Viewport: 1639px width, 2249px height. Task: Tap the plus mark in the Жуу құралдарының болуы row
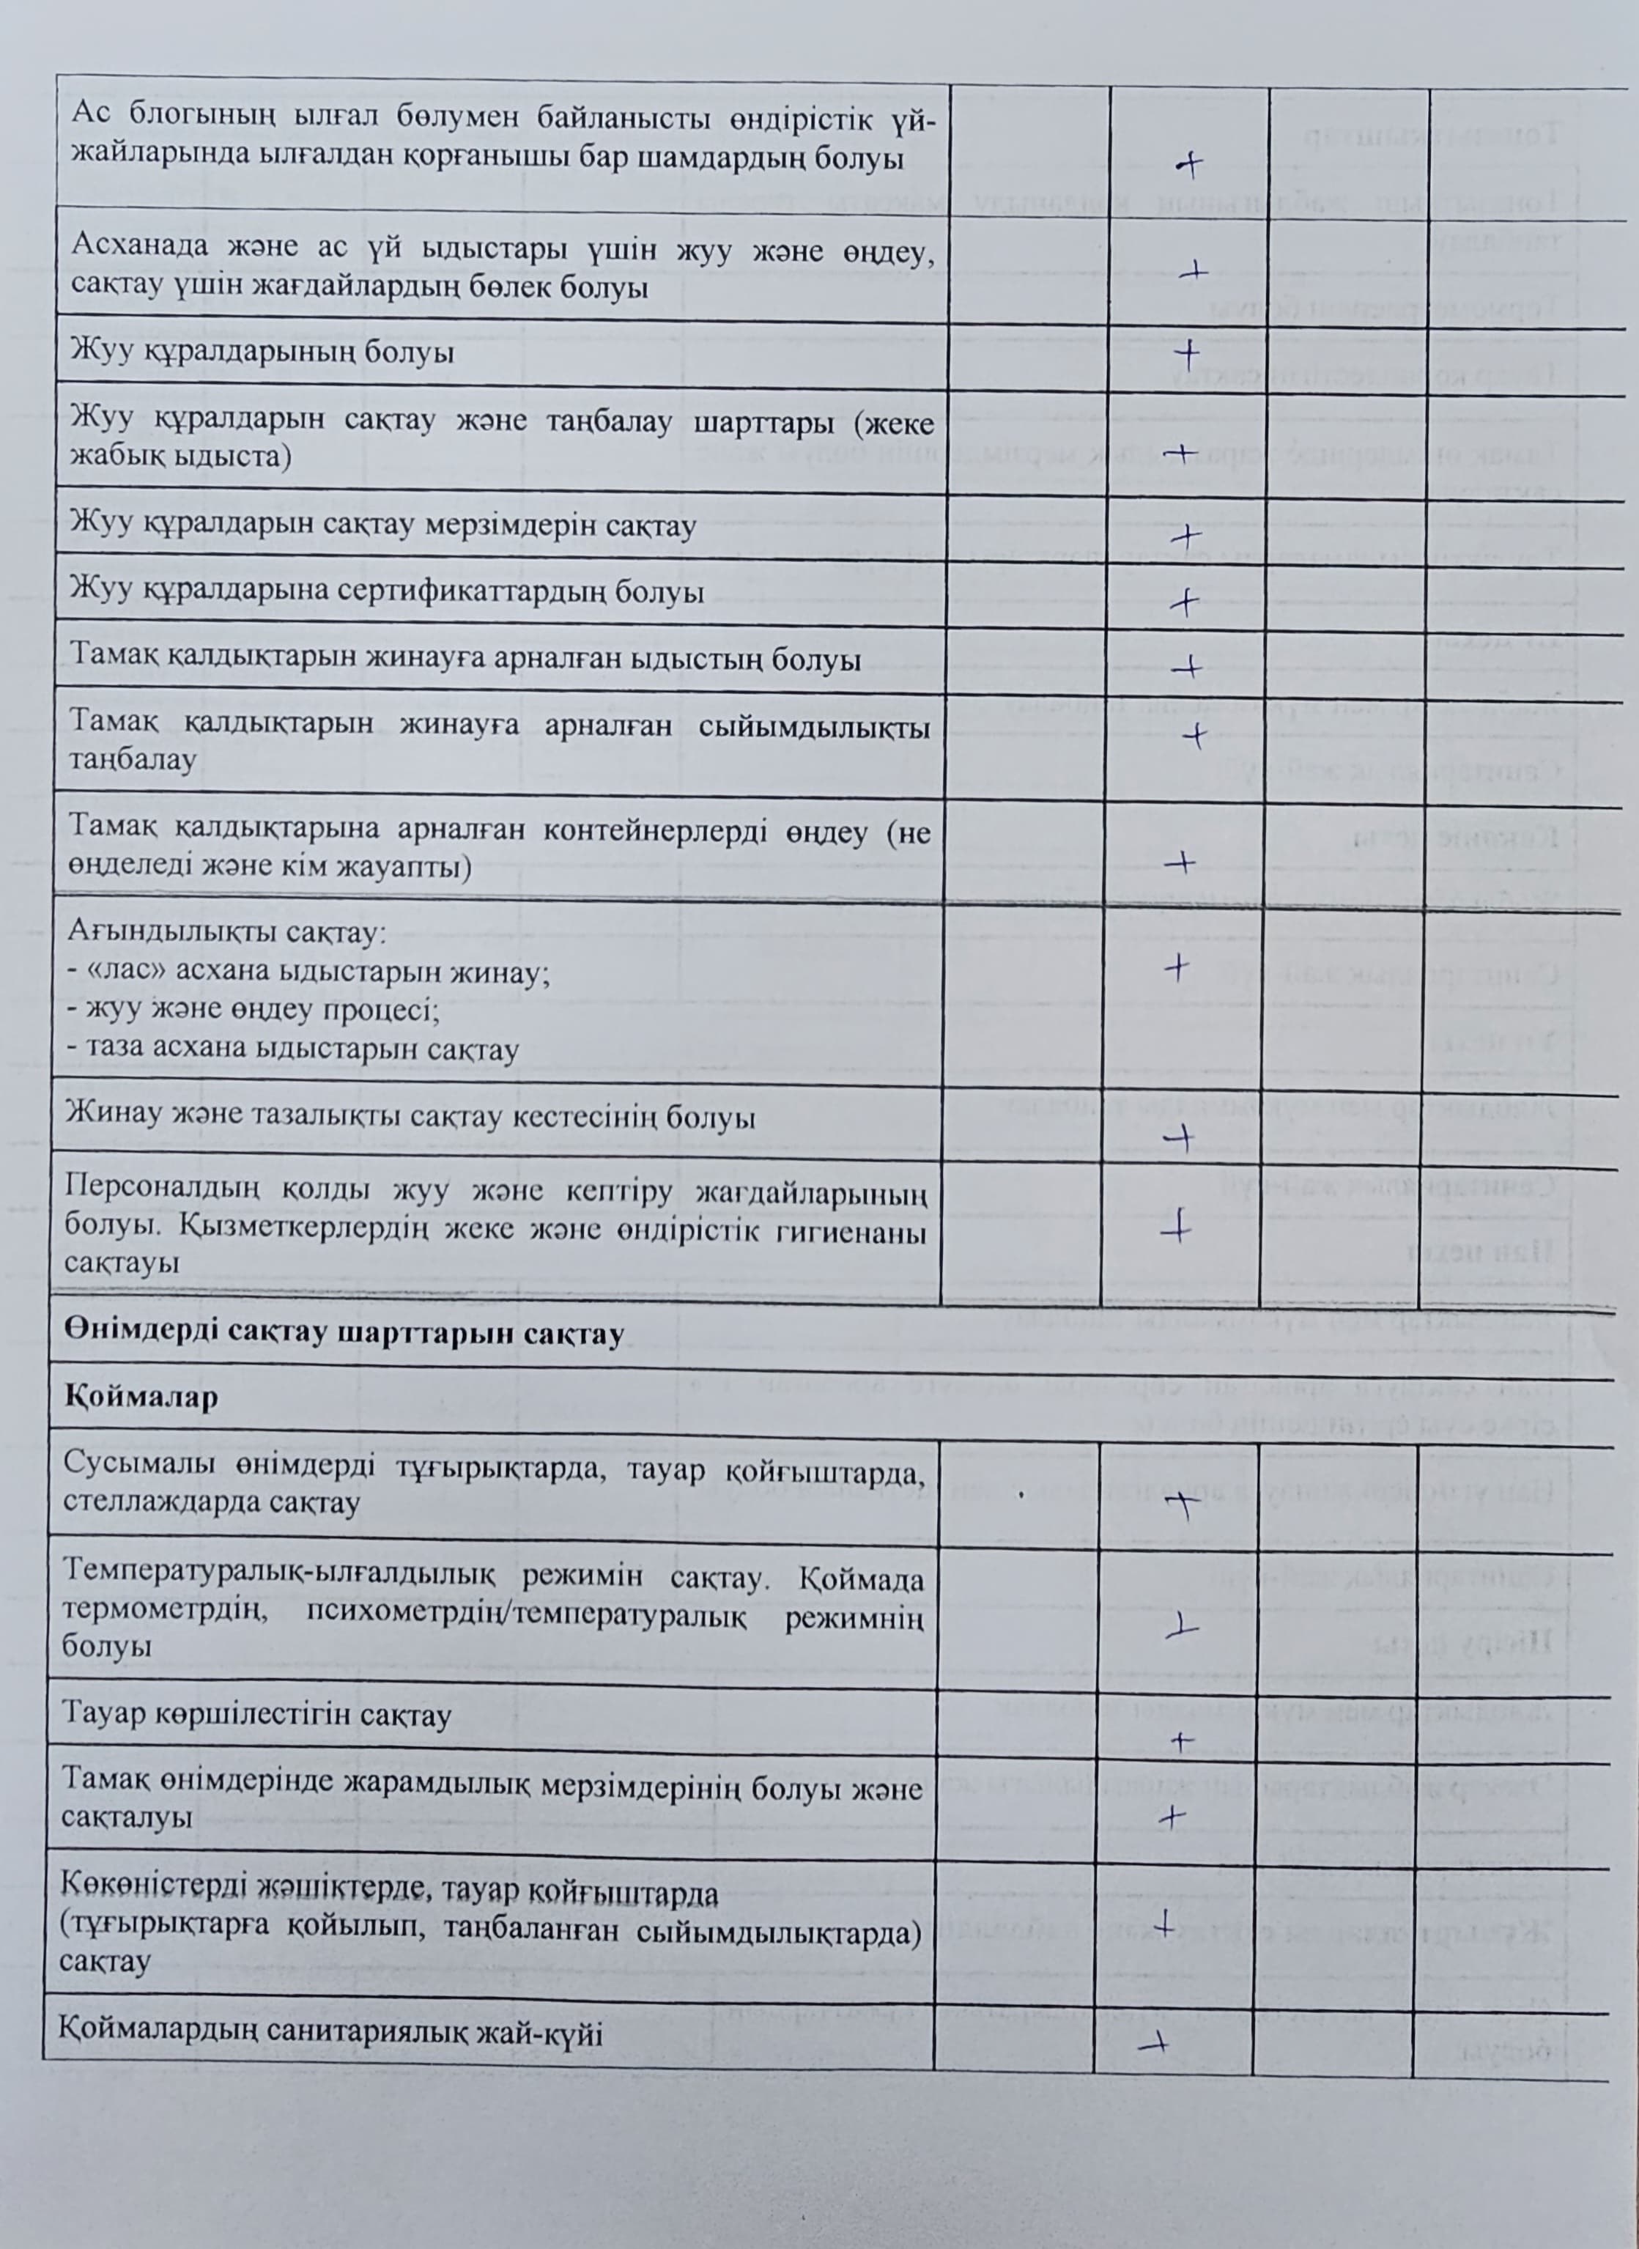1185,353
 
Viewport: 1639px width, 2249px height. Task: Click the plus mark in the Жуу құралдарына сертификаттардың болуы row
1183,601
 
